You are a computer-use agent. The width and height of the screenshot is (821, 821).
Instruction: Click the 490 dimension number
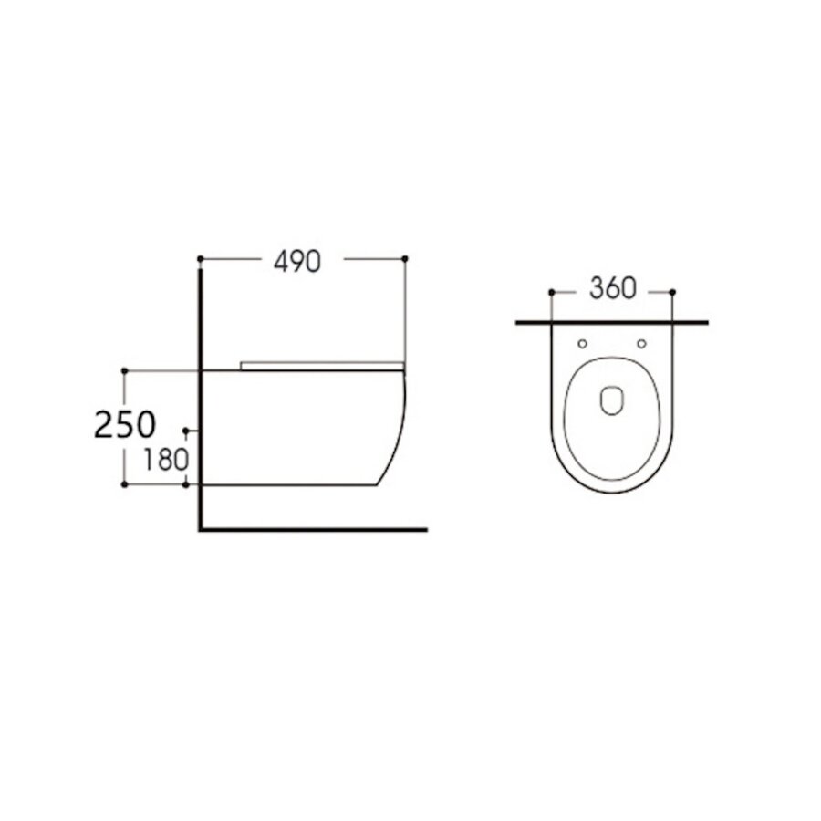point(297,261)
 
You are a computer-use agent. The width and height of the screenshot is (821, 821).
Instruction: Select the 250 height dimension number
point(125,424)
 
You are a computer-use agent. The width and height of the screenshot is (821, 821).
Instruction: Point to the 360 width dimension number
point(611,289)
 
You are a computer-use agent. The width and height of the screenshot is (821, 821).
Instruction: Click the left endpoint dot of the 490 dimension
point(200,259)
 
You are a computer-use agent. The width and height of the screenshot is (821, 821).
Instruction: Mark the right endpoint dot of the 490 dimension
point(405,259)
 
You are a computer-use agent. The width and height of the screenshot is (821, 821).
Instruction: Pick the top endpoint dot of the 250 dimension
point(125,370)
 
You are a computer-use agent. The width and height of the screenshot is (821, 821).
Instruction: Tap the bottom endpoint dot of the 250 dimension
point(125,485)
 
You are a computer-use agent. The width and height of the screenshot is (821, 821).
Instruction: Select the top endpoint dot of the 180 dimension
point(186,429)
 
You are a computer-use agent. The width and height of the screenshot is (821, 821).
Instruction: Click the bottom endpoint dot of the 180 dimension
point(186,485)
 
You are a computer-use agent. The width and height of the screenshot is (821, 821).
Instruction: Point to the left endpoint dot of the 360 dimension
point(551,292)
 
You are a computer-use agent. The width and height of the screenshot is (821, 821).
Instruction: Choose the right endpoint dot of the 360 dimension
point(672,292)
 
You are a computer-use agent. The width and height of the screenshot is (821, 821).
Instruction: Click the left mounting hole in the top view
point(582,344)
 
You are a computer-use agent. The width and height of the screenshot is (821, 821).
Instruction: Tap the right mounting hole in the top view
point(641,344)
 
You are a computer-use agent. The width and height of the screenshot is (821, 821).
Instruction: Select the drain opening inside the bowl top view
point(611,400)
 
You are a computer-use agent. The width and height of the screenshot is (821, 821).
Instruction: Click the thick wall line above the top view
point(611,322)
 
